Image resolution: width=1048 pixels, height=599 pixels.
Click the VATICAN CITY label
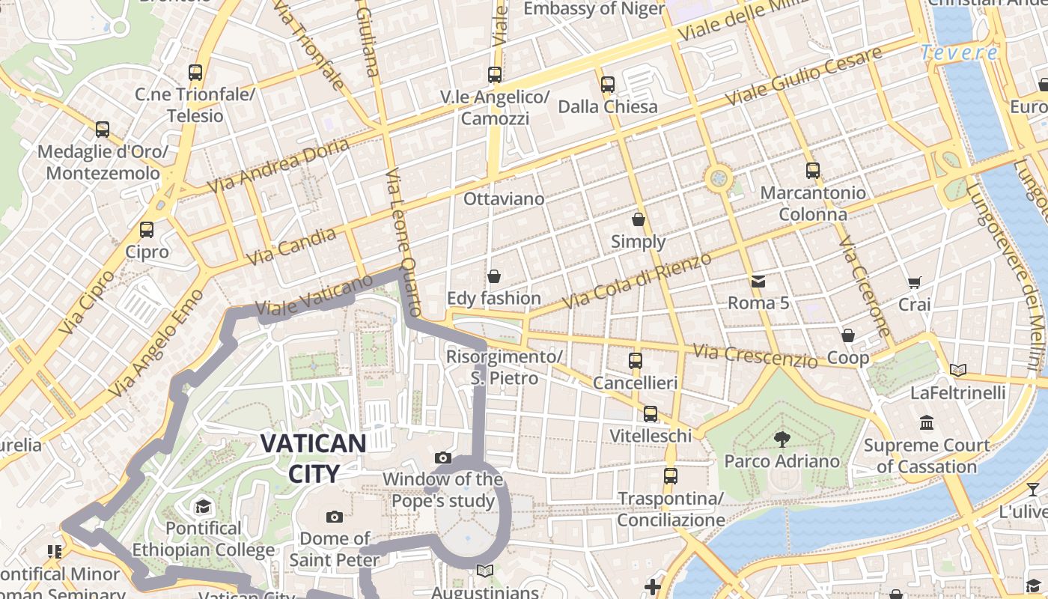tap(313, 457)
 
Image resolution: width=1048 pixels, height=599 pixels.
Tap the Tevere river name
tap(959, 52)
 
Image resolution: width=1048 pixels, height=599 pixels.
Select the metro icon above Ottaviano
tap(495, 74)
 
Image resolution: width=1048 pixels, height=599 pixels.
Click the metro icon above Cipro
tap(147, 229)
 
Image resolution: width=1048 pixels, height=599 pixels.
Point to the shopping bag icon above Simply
tap(639, 219)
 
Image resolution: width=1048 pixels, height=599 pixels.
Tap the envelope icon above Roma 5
tap(758, 282)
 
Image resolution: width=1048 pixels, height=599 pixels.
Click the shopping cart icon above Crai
tap(914, 282)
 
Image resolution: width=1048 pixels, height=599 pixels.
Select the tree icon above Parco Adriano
tap(782, 438)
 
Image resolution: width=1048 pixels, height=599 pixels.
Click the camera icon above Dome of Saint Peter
tap(335, 517)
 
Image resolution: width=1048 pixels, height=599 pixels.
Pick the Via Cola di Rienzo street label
tap(638, 280)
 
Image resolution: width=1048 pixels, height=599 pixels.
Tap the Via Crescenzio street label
tap(755, 356)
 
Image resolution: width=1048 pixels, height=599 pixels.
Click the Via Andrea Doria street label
tap(278, 164)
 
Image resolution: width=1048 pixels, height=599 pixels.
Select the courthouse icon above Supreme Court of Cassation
tap(927, 423)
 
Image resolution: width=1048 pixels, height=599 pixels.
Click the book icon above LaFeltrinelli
tap(958, 370)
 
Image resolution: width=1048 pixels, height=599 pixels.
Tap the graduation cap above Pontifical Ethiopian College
tap(203, 507)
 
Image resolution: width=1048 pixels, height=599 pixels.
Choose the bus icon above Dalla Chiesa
tap(608, 84)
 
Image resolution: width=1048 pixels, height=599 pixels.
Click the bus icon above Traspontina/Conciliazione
tap(671, 475)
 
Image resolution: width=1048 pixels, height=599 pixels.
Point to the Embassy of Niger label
tap(594, 9)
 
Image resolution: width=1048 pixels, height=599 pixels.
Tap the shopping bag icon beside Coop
tap(848, 335)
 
